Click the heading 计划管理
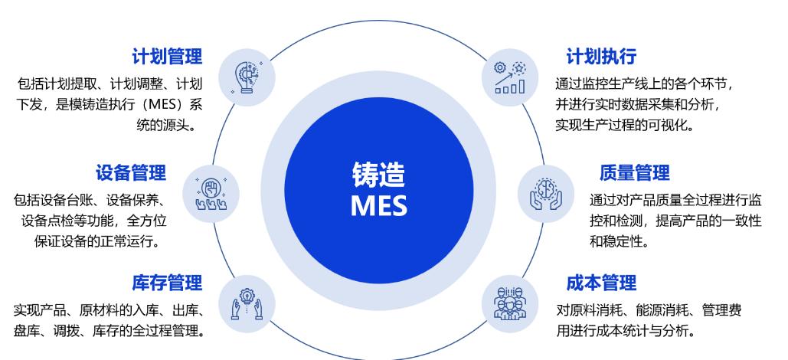click(167, 56)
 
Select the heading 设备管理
click(130, 172)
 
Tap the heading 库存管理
click(167, 283)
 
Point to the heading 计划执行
click(601, 56)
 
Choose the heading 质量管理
click(634, 172)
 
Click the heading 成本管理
click(601, 283)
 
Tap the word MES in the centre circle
click(378, 205)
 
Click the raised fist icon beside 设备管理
click(211, 191)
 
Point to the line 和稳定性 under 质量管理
click(619, 241)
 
